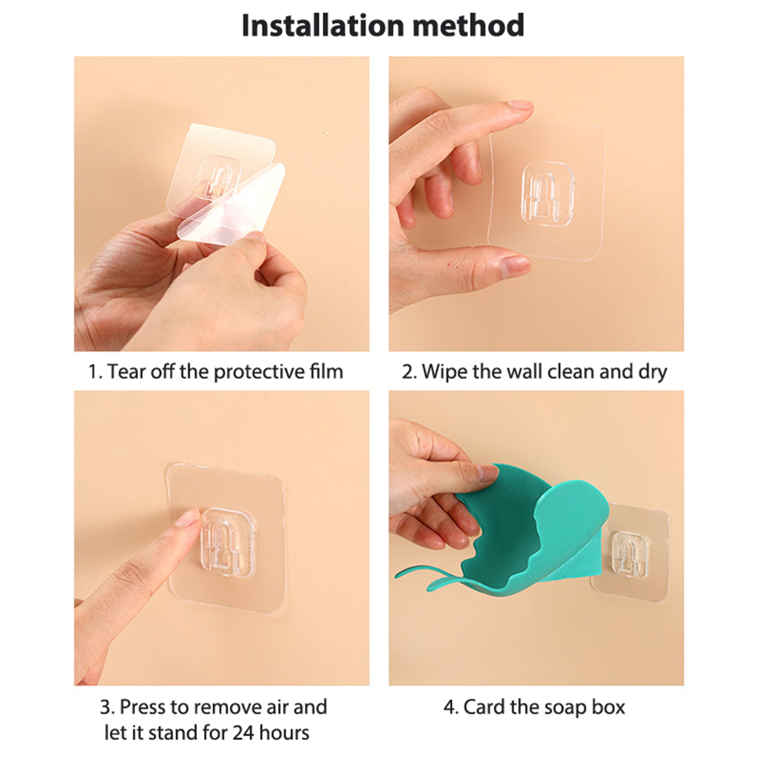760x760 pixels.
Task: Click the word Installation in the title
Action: coord(322,25)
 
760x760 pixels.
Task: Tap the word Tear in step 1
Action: coord(127,372)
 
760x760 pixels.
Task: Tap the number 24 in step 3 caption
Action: coord(243,733)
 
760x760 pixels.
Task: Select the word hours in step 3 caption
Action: coord(284,733)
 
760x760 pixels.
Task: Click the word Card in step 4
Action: coord(484,707)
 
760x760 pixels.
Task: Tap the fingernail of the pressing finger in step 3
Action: coord(188,518)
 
